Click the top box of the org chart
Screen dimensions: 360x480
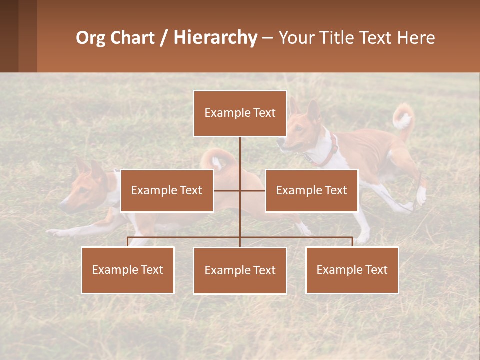(x=240, y=113)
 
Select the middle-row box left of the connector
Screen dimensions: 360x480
(x=167, y=190)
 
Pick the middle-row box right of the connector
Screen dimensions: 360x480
(x=311, y=190)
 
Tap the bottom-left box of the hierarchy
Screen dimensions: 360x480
(x=128, y=270)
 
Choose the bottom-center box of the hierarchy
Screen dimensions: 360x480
(x=240, y=270)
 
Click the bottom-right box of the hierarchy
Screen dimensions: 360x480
(x=352, y=270)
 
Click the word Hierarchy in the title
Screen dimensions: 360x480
(x=215, y=38)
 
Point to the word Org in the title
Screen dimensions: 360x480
(x=90, y=38)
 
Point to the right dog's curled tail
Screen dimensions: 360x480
(x=403, y=118)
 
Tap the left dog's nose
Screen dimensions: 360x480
(x=62, y=205)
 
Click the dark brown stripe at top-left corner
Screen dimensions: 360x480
(x=9, y=36)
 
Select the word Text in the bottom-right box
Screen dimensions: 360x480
(x=376, y=270)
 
